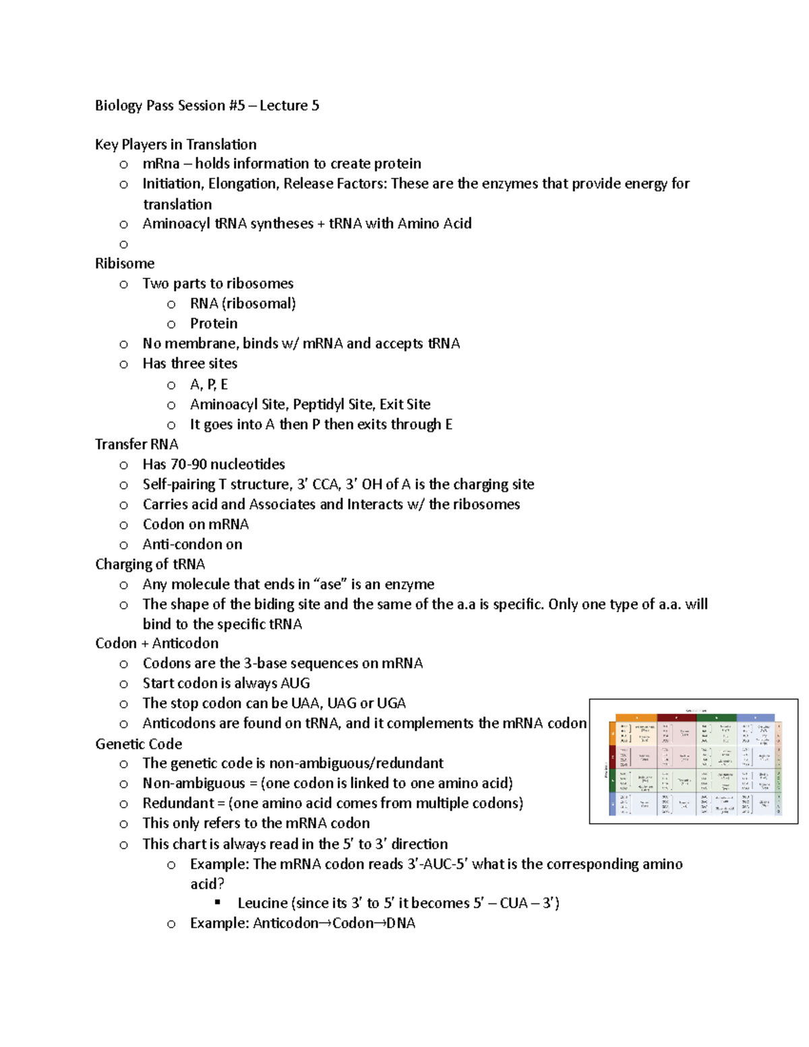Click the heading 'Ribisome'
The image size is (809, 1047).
(125, 264)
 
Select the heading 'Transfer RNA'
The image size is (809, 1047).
(136, 444)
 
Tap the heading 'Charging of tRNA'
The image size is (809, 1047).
(150, 564)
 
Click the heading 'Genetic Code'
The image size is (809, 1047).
(138, 744)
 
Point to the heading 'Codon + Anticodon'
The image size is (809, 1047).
(156, 643)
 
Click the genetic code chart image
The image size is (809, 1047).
(693, 761)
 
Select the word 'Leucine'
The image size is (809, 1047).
(262, 903)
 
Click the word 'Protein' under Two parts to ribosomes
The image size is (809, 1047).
(213, 324)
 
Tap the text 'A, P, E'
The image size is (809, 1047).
(208, 384)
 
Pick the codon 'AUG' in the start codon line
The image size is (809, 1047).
(295, 683)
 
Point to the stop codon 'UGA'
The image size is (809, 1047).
(391, 703)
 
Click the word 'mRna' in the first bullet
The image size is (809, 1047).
(160, 164)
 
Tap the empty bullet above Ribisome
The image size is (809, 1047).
(123, 245)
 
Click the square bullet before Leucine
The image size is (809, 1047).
(218, 902)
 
